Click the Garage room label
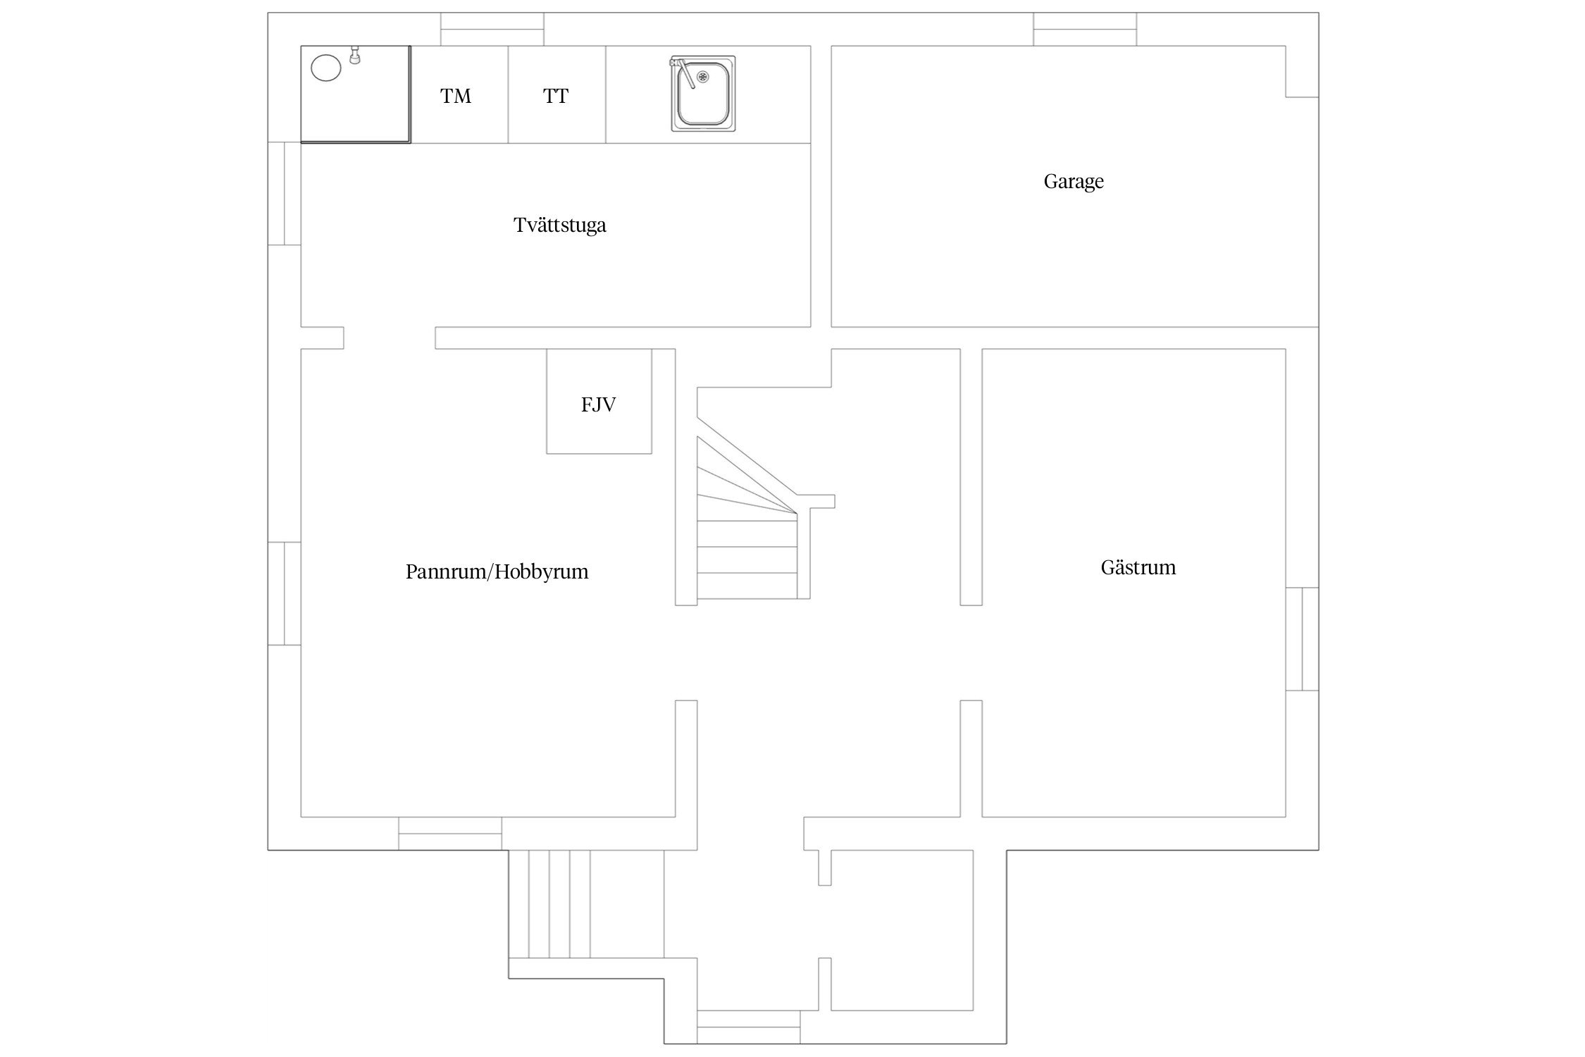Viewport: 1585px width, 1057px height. [x=1073, y=182]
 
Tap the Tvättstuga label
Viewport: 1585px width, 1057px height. [x=559, y=225]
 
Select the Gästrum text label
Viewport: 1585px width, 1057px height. [x=1138, y=567]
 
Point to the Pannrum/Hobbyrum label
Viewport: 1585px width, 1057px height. [x=497, y=571]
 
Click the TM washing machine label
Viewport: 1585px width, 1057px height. [x=456, y=96]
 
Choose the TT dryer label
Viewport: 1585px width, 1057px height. [x=556, y=96]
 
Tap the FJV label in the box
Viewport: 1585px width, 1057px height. [x=598, y=404]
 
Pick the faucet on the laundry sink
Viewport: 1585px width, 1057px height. [x=683, y=73]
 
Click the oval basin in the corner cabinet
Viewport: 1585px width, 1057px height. [x=325, y=69]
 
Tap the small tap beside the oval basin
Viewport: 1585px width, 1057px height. [x=355, y=55]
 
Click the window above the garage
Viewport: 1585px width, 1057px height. [x=1085, y=29]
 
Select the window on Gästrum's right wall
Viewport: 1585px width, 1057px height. [x=1302, y=638]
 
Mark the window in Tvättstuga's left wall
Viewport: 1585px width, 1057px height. [x=285, y=194]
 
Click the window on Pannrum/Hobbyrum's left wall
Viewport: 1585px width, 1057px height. [x=285, y=593]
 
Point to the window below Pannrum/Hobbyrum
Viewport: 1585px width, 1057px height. [x=450, y=834]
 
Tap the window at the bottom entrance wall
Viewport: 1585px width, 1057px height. [x=748, y=1027]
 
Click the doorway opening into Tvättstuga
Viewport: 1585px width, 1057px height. [x=390, y=338]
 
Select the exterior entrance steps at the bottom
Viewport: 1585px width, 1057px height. [x=549, y=904]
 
